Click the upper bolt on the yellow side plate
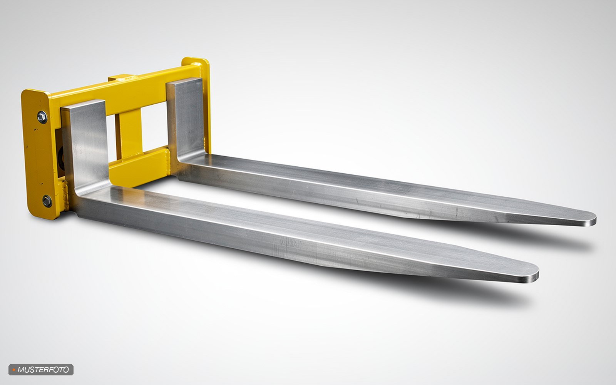pos(42,117)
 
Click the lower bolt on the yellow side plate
pos(47,201)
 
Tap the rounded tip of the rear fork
pos(591,219)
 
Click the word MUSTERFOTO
pos(43,370)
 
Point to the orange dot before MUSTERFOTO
pos(13,370)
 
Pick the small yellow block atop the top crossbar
pos(121,77)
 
